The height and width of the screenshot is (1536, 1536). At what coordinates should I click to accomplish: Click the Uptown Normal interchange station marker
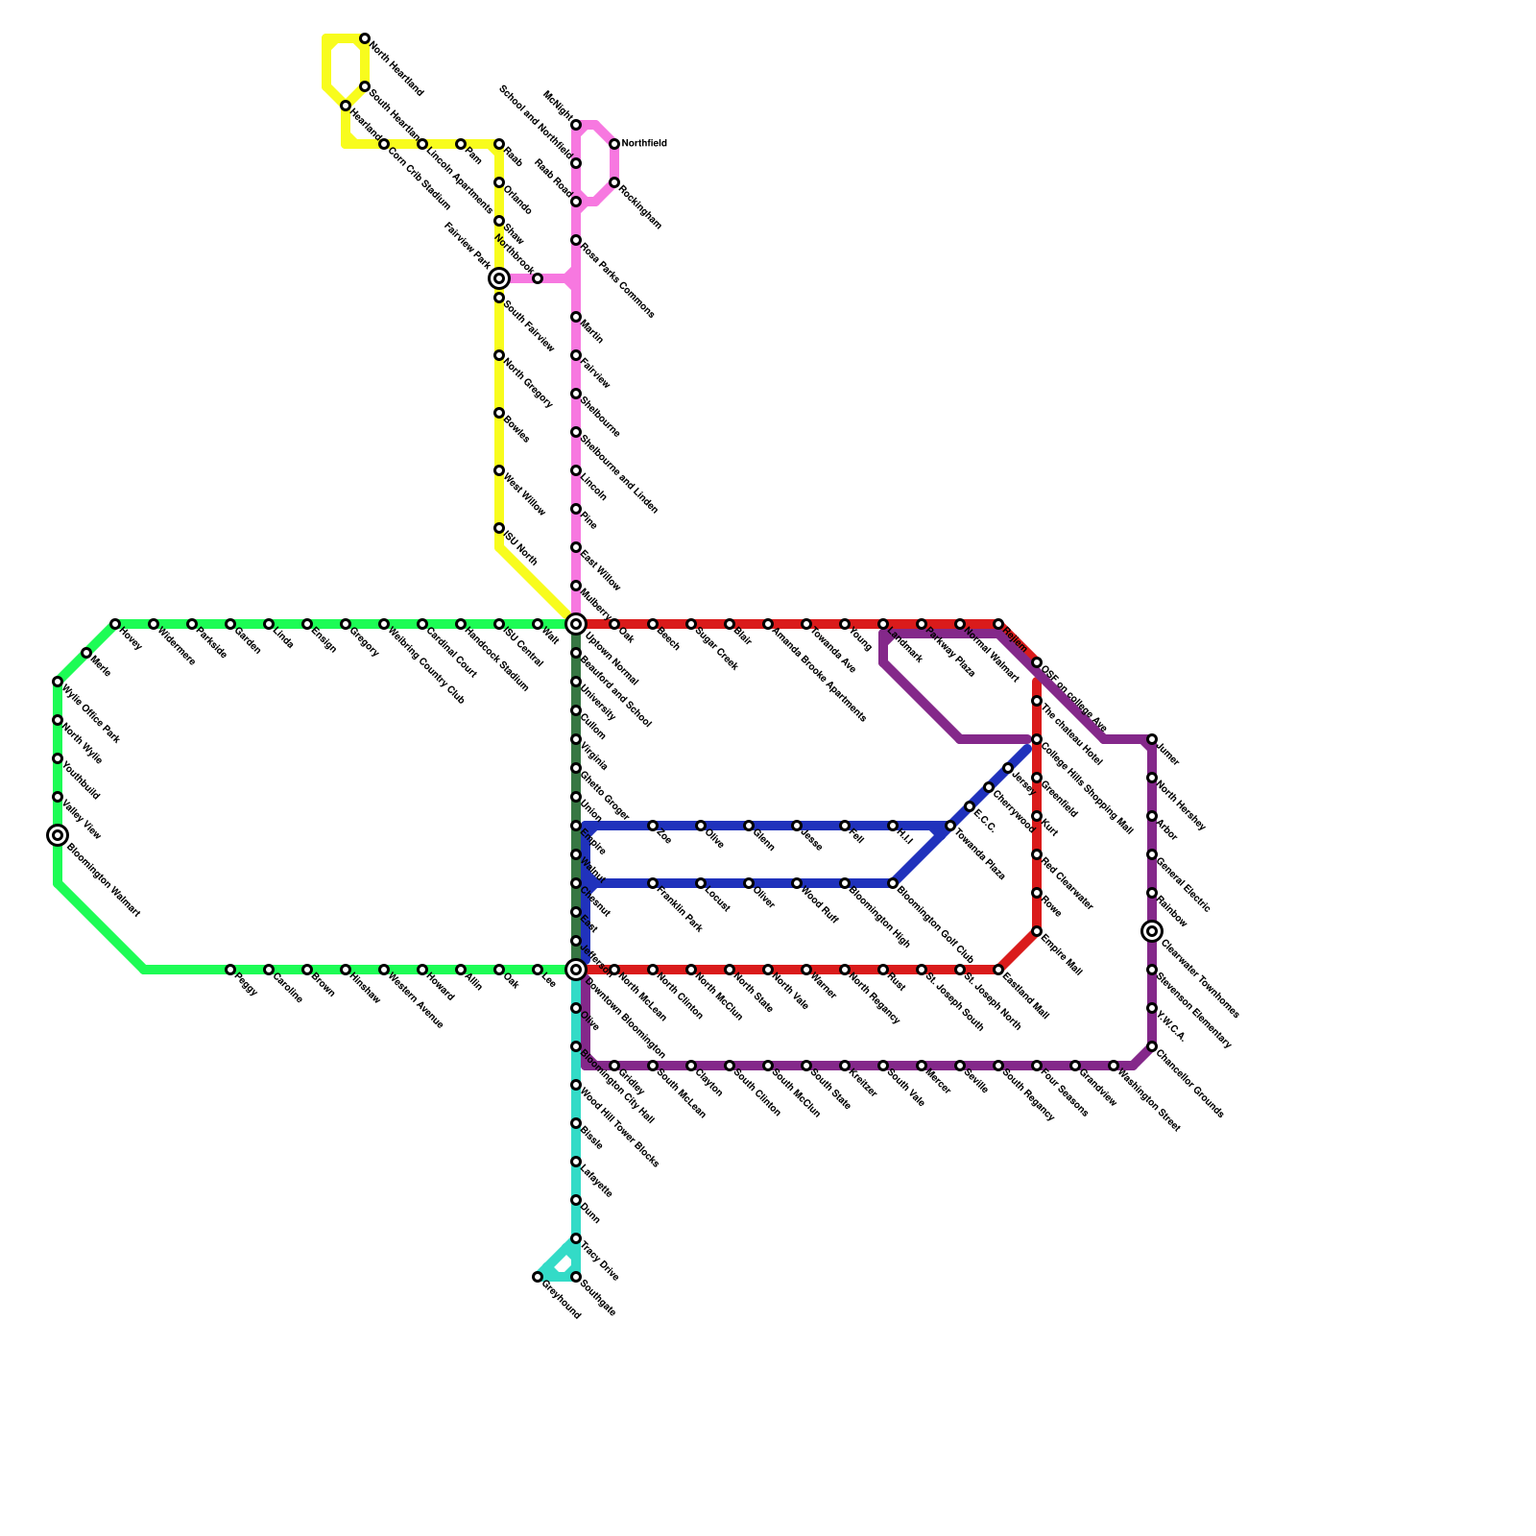(x=576, y=624)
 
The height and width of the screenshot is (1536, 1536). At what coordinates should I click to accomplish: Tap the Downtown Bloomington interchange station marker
(x=576, y=970)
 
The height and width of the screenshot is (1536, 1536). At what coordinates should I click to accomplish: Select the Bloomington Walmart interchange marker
(x=58, y=835)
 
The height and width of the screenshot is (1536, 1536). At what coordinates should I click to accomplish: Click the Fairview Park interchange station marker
(x=499, y=278)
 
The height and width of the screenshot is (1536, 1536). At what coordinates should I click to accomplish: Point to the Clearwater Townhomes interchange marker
(x=1152, y=931)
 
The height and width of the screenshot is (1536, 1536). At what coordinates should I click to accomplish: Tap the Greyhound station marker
(x=538, y=1277)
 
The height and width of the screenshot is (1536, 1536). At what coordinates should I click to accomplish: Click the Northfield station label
(x=643, y=144)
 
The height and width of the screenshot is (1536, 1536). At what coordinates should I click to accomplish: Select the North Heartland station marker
(x=365, y=38)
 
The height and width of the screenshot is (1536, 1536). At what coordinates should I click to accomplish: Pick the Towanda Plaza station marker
(x=950, y=826)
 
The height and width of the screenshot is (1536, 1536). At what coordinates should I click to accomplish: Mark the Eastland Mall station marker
(x=998, y=970)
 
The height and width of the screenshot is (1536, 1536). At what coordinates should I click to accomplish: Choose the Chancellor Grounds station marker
(x=1152, y=1046)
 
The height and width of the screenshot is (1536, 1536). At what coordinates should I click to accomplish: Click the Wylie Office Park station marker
(x=58, y=682)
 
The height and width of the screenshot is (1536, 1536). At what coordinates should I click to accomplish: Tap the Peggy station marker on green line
(x=230, y=970)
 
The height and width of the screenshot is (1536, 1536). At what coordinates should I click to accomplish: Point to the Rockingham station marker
(x=614, y=182)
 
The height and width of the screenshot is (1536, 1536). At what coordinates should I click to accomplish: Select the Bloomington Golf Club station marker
(x=893, y=883)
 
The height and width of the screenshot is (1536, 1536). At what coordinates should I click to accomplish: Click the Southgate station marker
(x=576, y=1277)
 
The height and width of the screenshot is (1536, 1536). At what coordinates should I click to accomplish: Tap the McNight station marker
(x=576, y=125)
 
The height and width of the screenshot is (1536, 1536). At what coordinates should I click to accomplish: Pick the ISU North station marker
(x=499, y=528)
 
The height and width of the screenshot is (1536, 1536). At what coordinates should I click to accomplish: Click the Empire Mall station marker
(x=1037, y=931)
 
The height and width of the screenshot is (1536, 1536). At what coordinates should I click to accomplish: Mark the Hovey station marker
(x=115, y=624)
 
